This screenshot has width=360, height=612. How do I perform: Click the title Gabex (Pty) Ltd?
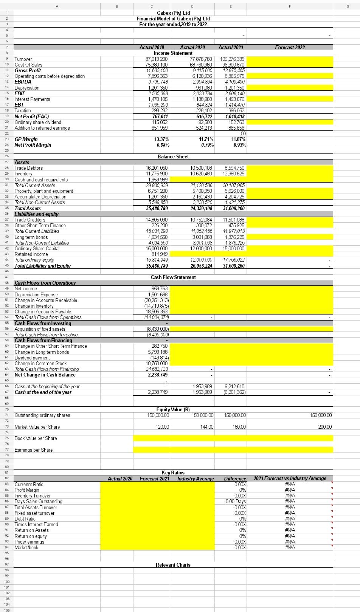tap(173, 13)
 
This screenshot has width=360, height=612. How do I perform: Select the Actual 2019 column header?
tap(152, 48)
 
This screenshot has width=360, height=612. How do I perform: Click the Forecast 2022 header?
tap(290, 48)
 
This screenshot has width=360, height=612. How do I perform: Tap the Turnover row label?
tap(23, 59)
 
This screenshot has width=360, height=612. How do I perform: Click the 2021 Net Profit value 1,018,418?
tap(235, 116)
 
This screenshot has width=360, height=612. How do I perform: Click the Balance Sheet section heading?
tap(173, 156)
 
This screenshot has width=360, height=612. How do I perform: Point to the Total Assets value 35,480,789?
tap(157, 208)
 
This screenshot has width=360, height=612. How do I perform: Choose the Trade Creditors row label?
tap(30, 220)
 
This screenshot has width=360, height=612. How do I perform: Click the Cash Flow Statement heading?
tap(173, 277)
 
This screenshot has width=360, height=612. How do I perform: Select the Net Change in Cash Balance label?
tap(45, 375)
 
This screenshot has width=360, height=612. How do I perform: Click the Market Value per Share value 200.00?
tap(324, 427)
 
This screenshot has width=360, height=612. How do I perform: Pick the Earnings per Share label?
tap(34, 450)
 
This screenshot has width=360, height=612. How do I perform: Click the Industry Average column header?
tap(196, 479)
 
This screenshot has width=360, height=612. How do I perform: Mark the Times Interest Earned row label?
tap(36, 524)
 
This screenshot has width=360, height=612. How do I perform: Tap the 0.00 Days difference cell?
tap(236, 502)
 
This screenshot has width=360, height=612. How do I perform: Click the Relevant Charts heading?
tap(173, 565)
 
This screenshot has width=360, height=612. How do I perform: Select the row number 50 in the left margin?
tap(6, 294)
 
